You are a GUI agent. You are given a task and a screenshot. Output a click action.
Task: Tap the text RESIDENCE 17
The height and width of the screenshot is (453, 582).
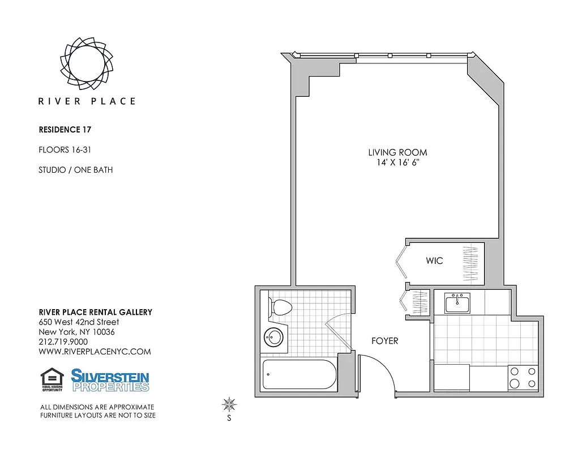[x=65, y=130]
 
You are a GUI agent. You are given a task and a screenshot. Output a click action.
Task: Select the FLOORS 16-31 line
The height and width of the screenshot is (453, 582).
[x=65, y=150]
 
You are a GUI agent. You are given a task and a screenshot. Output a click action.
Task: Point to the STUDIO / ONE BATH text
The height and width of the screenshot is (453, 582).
[x=75, y=170]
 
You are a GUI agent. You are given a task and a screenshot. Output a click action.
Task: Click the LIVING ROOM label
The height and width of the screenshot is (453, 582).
[x=397, y=152]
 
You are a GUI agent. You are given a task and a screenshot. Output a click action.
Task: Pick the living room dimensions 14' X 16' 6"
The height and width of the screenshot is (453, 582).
[x=397, y=163]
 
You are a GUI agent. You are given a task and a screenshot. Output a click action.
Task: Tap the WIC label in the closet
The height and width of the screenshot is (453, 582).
[x=434, y=261]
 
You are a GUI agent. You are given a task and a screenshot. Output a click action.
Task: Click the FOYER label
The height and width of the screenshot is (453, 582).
[x=384, y=341]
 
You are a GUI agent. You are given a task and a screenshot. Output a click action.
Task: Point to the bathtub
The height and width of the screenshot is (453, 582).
[x=299, y=374]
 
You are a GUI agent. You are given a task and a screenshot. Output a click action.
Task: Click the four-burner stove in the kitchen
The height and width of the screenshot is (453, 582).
[x=523, y=378]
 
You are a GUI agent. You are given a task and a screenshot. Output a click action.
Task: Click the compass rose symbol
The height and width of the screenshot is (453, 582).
[x=229, y=404]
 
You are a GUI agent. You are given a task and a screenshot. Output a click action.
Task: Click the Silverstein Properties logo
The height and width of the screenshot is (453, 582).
[x=110, y=380]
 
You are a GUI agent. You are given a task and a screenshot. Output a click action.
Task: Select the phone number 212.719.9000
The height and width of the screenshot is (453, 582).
[x=63, y=342]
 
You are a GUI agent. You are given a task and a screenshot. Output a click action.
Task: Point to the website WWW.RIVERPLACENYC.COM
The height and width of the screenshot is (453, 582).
[x=95, y=352]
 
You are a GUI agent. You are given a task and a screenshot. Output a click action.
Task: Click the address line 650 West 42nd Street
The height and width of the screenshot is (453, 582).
[x=79, y=322]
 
